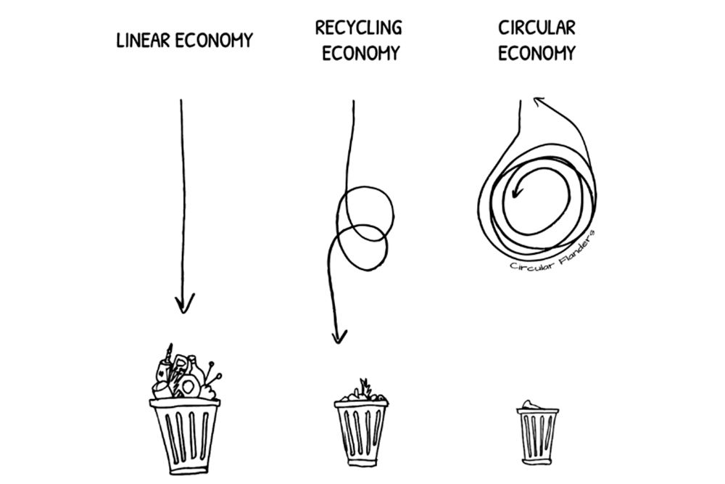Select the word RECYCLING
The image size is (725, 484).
point(358,28)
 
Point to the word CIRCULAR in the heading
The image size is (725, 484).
point(536,28)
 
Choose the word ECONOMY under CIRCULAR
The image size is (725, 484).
point(536,53)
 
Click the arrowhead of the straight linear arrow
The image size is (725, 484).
point(185,303)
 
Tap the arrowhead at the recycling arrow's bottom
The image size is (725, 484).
point(338,335)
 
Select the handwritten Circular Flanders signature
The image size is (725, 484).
point(553,253)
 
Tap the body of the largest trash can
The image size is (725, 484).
point(184,439)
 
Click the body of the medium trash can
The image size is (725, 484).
point(361,434)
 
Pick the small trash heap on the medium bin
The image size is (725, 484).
point(360,393)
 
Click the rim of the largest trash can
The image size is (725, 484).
point(184,403)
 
